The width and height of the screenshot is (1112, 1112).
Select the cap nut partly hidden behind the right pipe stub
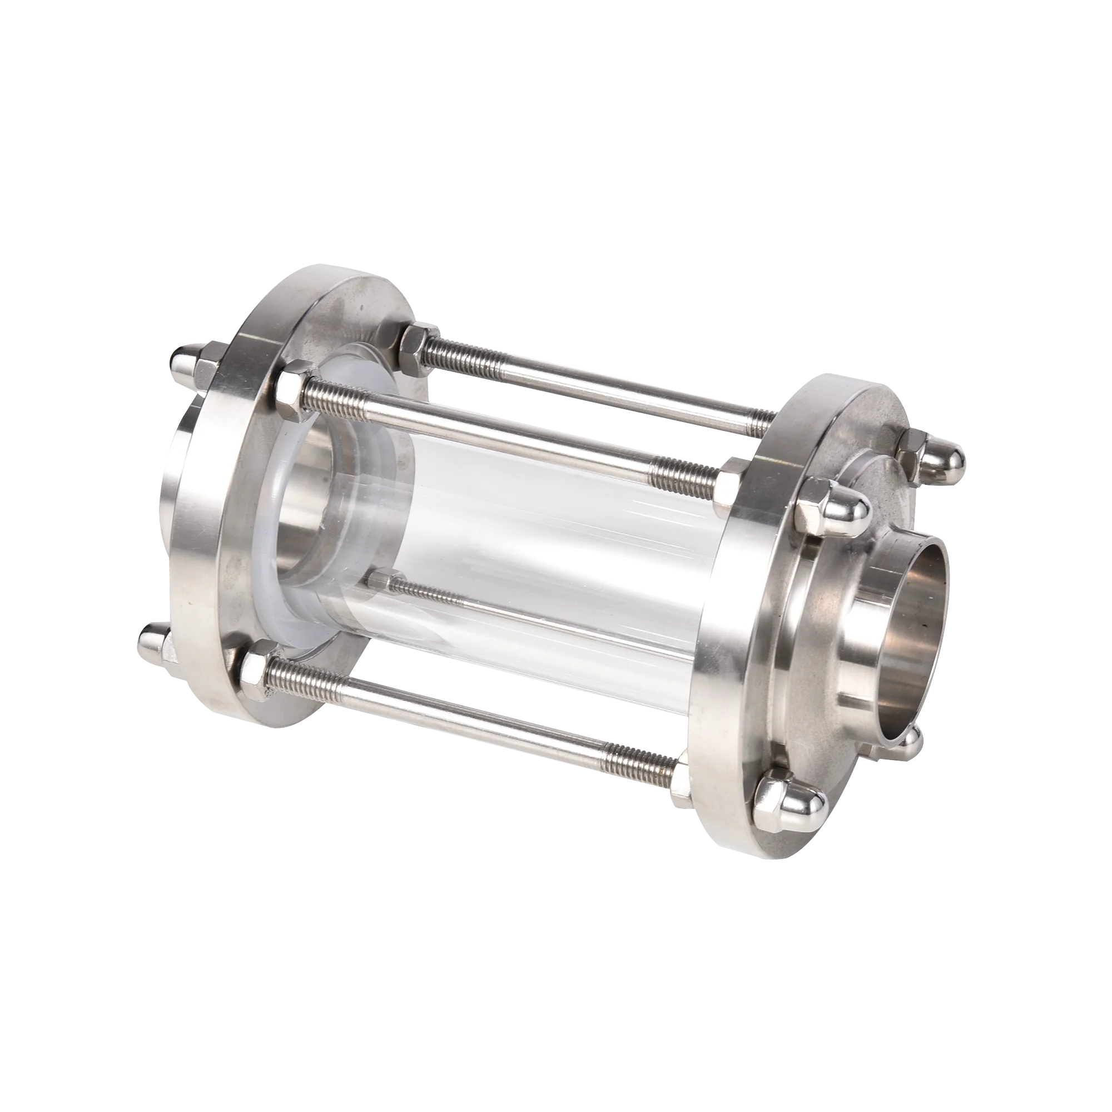[906, 742]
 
